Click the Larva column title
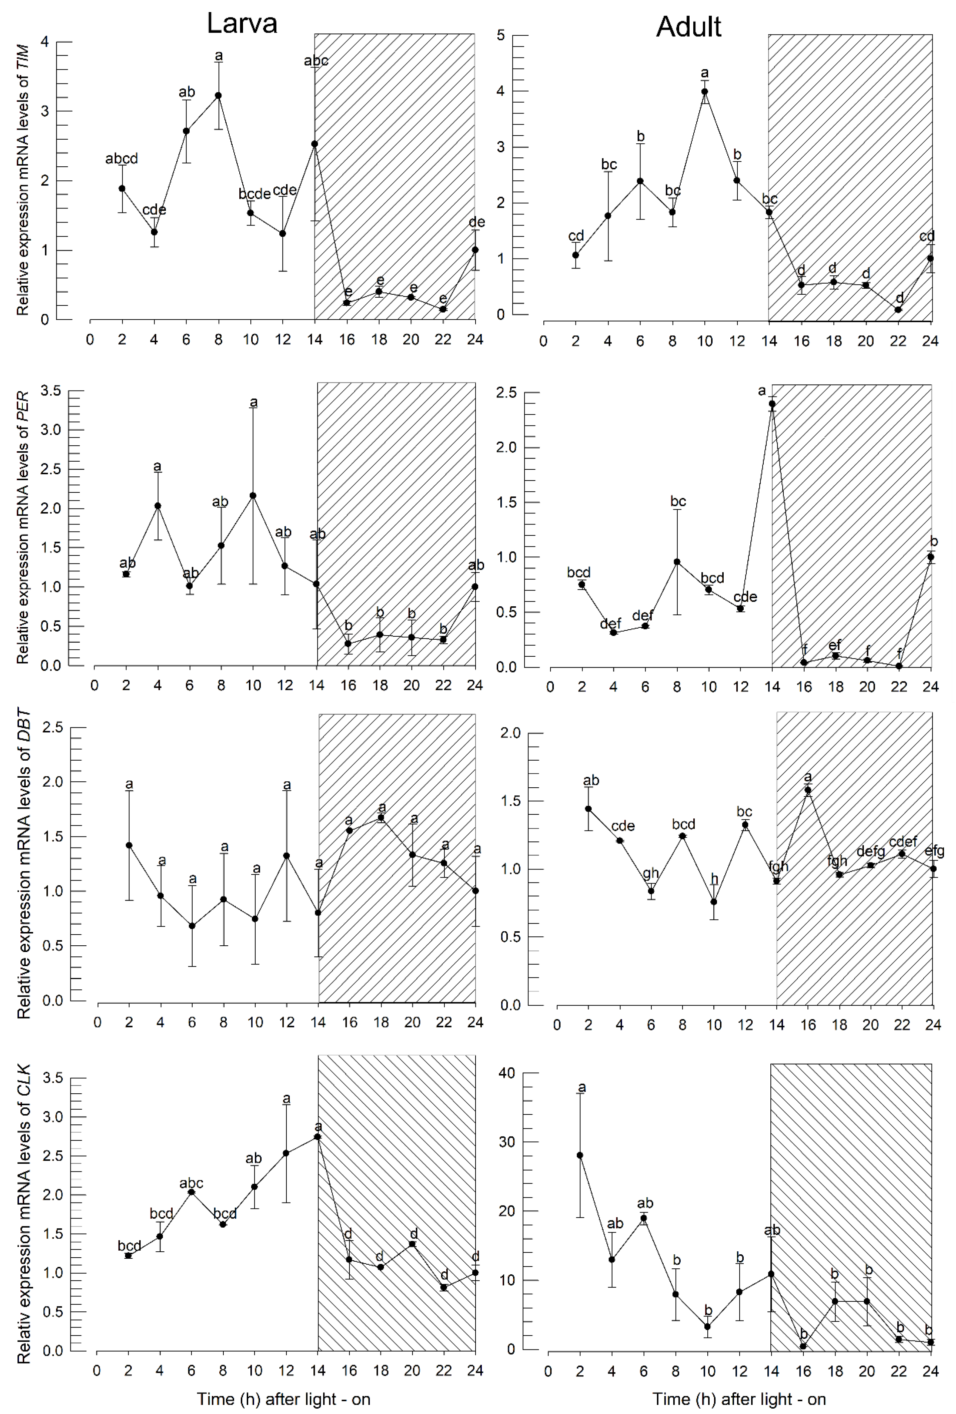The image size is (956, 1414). pyautogui.click(x=242, y=24)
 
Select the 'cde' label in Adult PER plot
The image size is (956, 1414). pyautogui.click(x=745, y=597)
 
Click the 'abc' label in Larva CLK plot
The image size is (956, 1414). pyautogui.click(x=191, y=1184)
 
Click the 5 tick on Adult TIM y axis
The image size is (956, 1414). pyautogui.click(x=501, y=35)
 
